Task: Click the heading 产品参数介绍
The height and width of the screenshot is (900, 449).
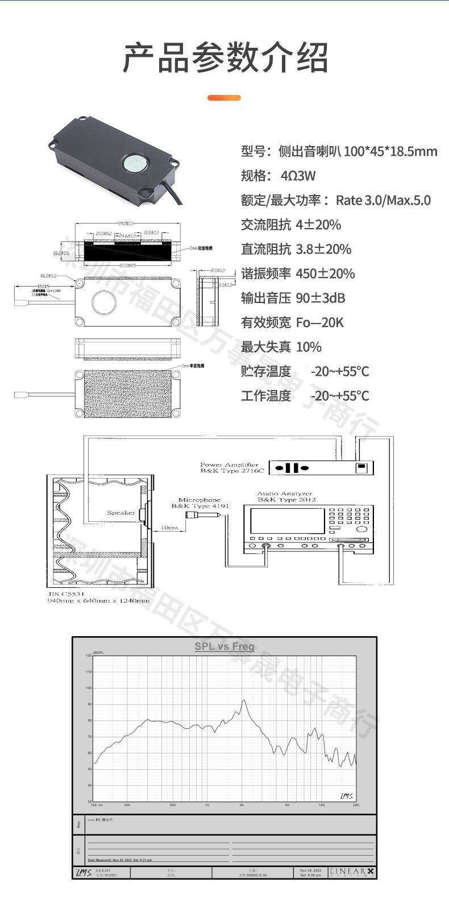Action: tap(225, 57)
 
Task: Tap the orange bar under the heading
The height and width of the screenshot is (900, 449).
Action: tap(224, 98)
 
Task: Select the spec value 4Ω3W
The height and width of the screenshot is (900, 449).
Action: tap(298, 176)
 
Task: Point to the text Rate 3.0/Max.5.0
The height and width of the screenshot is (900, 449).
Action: tap(383, 200)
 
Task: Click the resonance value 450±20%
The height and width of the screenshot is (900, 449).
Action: tap(325, 273)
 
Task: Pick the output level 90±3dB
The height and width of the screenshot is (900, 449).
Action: tap(321, 298)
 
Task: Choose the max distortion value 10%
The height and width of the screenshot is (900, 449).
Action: tap(309, 347)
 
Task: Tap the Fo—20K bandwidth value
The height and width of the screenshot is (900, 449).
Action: tap(319, 322)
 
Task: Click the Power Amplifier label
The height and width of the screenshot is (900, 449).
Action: tap(229, 465)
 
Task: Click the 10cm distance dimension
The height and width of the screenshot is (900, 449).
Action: tap(169, 527)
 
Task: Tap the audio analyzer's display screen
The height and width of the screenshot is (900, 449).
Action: tap(288, 521)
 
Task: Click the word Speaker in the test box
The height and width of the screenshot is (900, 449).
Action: tap(121, 513)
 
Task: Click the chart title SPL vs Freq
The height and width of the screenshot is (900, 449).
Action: tap(224, 646)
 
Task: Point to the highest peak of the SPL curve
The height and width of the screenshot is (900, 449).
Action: tap(243, 700)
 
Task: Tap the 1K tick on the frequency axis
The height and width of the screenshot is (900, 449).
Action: tap(207, 805)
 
